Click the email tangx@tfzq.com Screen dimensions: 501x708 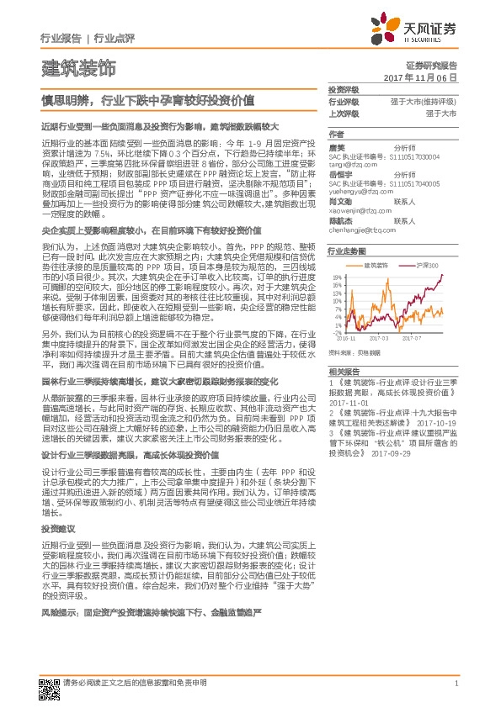(349, 165)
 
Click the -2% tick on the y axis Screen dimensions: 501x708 (337, 333)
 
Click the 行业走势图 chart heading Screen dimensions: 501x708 (345, 251)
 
